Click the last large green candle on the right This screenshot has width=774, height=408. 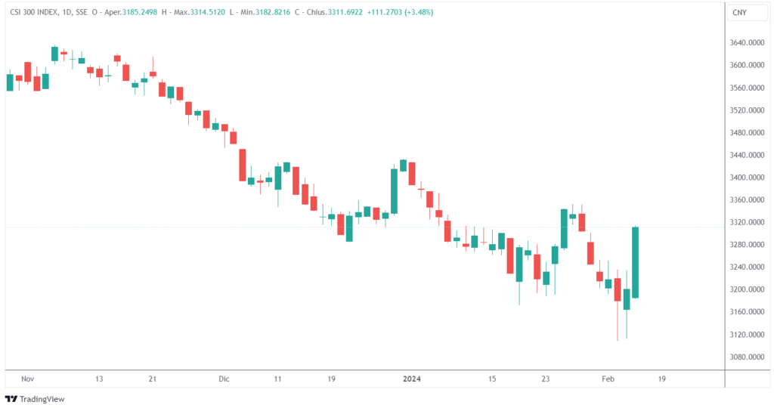click(636, 262)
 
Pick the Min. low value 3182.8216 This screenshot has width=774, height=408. click(277, 12)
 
